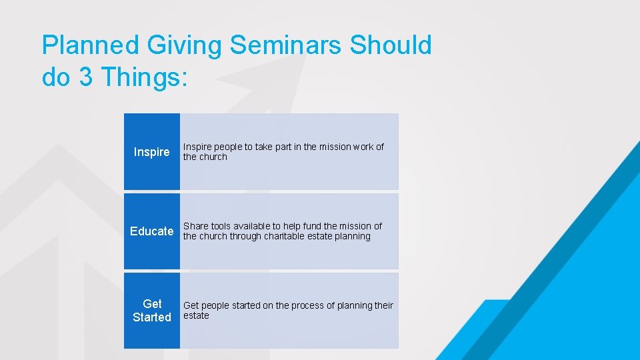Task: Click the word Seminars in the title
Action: click(287, 45)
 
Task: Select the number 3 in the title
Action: click(86, 77)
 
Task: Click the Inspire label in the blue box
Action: click(151, 152)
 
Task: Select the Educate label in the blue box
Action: click(151, 231)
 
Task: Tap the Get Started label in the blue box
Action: click(151, 311)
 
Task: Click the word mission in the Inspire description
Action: click(334, 147)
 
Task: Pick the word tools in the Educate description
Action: click(222, 226)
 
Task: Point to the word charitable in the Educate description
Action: click(289, 236)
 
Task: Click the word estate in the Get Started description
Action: click(196, 315)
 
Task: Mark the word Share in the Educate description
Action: click(196, 226)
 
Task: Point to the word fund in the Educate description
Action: click(311, 226)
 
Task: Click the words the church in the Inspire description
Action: click(205, 157)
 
